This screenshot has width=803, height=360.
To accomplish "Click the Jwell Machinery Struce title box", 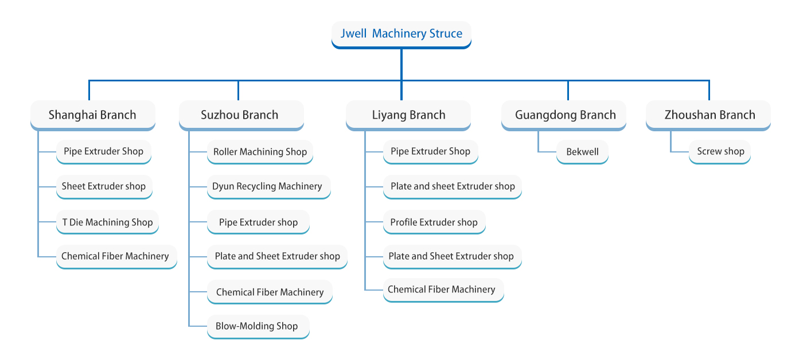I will [401, 34].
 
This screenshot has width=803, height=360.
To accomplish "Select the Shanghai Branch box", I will [92, 115].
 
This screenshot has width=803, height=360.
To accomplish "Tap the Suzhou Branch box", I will [240, 115].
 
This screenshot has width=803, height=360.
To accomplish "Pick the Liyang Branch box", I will [408, 115].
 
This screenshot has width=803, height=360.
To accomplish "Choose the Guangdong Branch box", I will [565, 115].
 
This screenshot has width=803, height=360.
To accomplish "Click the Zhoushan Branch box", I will [710, 115].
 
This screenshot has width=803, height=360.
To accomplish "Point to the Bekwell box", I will [582, 152].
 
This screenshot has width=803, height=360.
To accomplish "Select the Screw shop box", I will [720, 152].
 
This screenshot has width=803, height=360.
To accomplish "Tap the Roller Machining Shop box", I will [260, 152].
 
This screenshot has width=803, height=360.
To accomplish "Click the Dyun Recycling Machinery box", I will [267, 186].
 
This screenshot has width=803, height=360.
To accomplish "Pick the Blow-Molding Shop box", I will [257, 326].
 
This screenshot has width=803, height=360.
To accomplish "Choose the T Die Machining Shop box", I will [107, 222].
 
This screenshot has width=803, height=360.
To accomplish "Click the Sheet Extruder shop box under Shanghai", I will [104, 186].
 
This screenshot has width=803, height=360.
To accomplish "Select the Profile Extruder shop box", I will [434, 222].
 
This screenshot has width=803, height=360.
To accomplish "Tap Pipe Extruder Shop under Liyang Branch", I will [430, 152].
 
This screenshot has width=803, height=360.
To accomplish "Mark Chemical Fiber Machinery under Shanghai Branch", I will [115, 256].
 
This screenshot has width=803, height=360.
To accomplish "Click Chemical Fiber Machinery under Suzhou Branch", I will [270, 292].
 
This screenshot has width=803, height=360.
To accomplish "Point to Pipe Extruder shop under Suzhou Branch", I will [258, 222].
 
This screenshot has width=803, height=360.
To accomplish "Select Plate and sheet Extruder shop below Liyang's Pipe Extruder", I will [453, 186].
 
